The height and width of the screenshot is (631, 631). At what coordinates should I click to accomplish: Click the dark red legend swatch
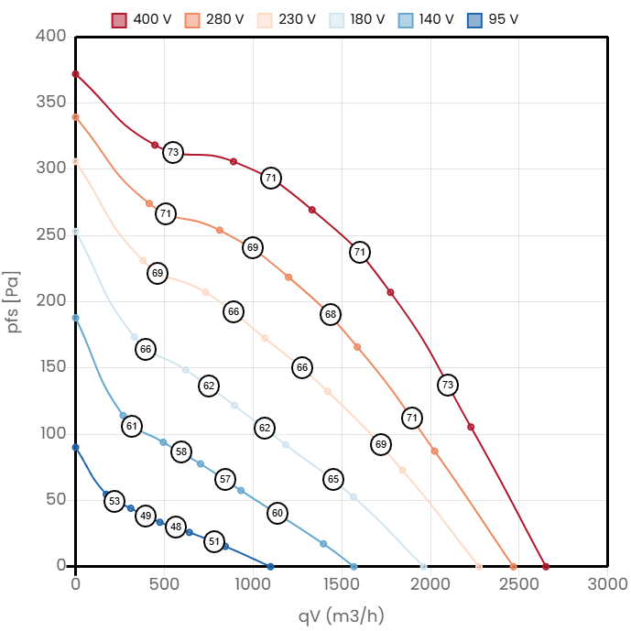point(119,20)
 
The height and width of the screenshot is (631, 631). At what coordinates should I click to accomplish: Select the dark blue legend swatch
point(473,20)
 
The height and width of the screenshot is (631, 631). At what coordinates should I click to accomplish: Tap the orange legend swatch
point(192,20)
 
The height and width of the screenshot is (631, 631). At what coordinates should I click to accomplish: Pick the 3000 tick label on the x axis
point(607,584)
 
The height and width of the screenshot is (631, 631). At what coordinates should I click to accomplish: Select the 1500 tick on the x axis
point(342,584)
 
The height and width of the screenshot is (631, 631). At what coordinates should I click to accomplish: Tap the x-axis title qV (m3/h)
point(341,615)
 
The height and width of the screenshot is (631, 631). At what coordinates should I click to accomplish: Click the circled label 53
point(114,501)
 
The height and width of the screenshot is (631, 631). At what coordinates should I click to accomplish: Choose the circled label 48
point(176,528)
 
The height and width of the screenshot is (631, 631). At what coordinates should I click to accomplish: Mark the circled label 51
point(213,541)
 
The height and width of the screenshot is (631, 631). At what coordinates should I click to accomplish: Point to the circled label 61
point(132,426)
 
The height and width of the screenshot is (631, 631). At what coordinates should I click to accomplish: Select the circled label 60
point(277,513)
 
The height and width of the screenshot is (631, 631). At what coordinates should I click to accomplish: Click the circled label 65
point(333,479)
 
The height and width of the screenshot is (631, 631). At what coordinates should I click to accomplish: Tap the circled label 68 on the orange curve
point(331,314)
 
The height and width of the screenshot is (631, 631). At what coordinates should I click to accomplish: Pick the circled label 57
point(225,479)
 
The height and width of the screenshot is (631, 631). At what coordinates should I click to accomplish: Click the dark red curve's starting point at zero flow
point(76,74)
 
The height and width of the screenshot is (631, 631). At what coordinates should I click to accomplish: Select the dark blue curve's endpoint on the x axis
point(270,566)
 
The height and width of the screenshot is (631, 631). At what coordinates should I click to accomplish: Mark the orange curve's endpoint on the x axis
point(513,566)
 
